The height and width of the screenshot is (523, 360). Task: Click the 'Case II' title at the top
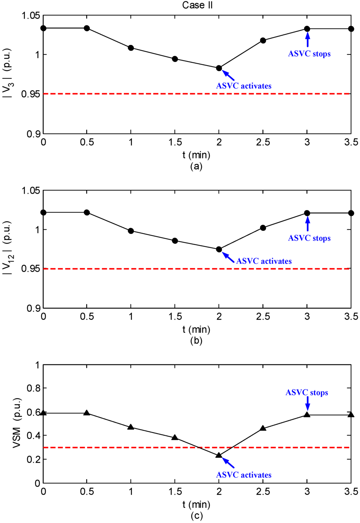point(197,5)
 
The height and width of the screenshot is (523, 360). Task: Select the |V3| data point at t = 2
point(219,68)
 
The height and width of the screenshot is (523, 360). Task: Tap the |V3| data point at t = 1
point(131,48)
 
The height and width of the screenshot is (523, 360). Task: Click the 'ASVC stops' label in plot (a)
point(309,54)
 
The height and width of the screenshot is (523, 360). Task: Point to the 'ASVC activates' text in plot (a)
point(244,86)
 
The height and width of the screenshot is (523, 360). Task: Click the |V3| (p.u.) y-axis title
point(8,73)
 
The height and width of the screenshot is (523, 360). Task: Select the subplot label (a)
point(196,166)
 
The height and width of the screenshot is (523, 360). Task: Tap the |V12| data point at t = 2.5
point(263,228)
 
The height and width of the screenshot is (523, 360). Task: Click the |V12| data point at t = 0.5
point(87,212)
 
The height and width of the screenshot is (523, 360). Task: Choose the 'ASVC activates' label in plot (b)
point(264,261)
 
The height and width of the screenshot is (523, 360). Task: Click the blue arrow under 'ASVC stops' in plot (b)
point(308,224)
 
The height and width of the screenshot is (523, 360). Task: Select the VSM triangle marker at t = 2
point(219,455)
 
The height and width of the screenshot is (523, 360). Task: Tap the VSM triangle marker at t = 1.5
point(175,438)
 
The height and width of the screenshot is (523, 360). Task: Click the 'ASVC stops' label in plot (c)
point(307,393)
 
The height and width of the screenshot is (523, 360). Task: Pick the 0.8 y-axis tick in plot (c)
point(33,388)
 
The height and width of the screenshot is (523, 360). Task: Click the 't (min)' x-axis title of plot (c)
point(196,504)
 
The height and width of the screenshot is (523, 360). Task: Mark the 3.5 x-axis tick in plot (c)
point(351,492)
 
